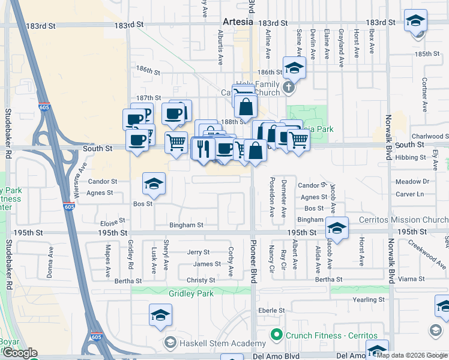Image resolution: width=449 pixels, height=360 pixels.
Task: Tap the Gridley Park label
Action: click(192, 294)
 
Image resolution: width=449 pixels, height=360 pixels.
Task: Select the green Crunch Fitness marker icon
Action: click(277, 334)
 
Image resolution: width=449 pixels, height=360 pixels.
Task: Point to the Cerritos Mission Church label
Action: click(406, 220)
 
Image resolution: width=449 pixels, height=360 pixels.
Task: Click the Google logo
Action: click(20, 353)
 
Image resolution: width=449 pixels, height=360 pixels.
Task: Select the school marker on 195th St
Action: click(337, 229)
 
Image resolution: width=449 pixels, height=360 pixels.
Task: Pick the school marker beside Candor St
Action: click(154, 185)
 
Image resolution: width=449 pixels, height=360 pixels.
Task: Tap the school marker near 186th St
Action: click(295, 68)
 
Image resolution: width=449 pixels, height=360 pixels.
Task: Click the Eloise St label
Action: click(112, 221)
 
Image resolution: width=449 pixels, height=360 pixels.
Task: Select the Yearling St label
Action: click(367, 299)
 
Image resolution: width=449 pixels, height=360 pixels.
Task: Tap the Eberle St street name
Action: click(271, 310)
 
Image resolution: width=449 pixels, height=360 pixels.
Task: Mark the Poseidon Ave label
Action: click(272, 197)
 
